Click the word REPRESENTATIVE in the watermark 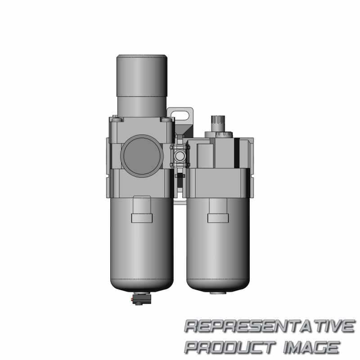pyautogui.click(x=269, y=326)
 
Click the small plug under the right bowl pyautogui.click(x=218, y=293)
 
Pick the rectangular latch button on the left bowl pyautogui.click(x=142, y=217)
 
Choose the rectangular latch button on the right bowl pyautogui.click(x=218, y=217)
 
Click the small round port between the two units pyautogui.click(x=180, y=156)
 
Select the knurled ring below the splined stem pyautogui.click(x=217, y=134)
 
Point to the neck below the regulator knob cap pyautogui.click(x=142, y=106)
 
